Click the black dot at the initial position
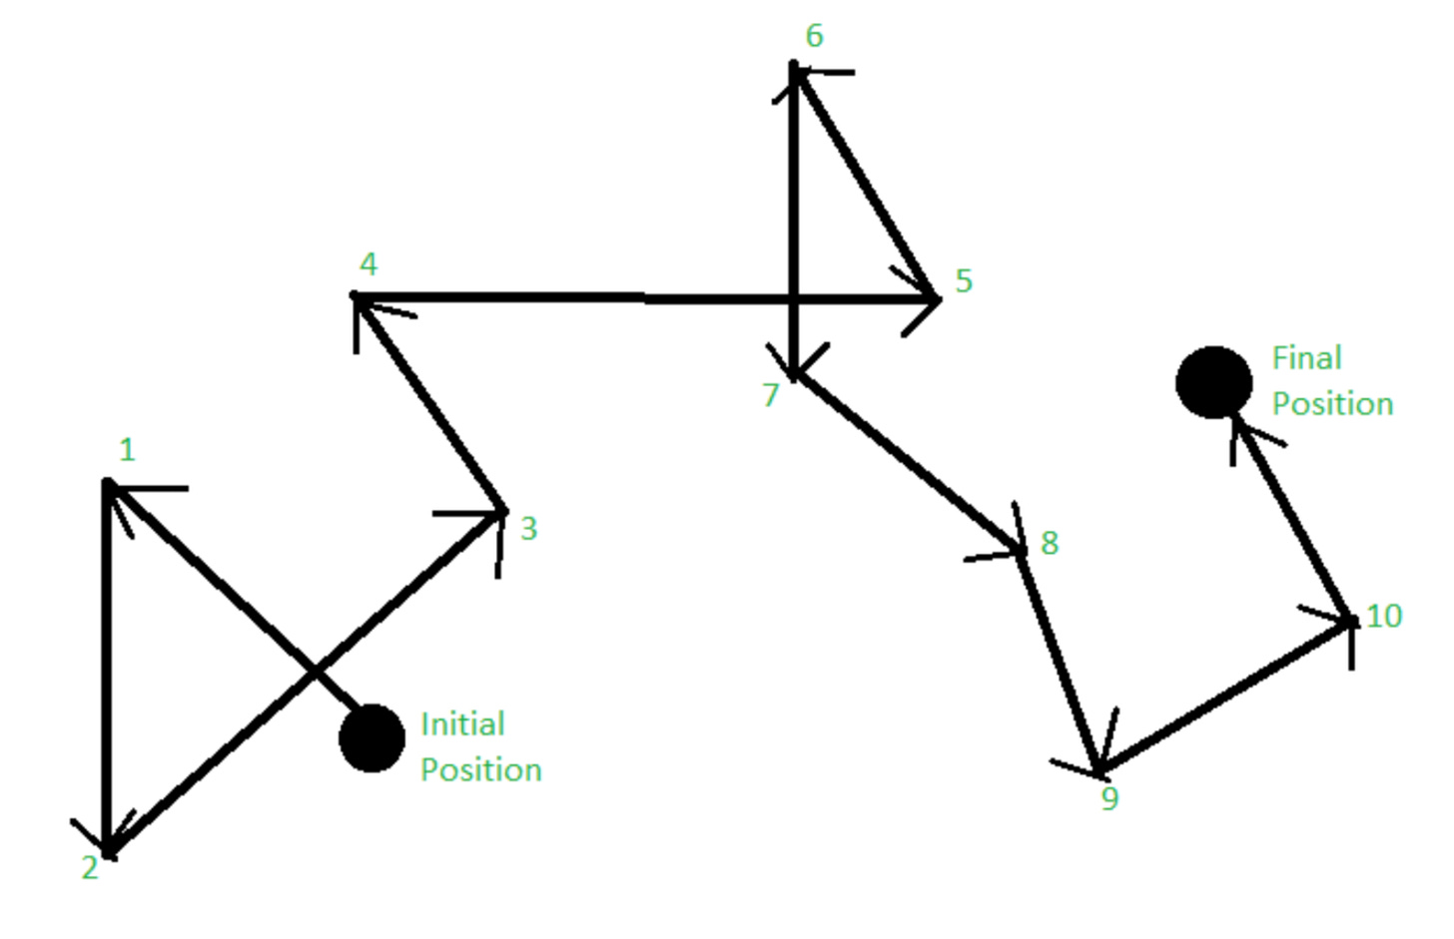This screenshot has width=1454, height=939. [x=371, y=738]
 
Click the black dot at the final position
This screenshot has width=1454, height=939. [x=1213, y=382]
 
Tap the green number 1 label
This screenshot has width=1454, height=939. [x=127, y=450]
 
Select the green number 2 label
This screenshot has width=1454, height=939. [x=90, y=868]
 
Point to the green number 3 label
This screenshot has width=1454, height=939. [x=529, y=529]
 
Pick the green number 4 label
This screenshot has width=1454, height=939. [x=368, y=264]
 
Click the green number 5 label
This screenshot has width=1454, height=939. [x=964, y=281]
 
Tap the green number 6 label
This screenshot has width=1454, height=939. [x=815, y=36]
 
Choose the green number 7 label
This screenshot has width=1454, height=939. [x=770, y=395]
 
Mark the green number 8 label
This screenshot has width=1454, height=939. [x=1050, y=543]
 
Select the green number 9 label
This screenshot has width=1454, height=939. [x=1109, y=799]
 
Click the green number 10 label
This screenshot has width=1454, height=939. [x=1384, y=616]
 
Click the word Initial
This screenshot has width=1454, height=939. [x=462, y=723]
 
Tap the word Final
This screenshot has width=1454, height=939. [x=1306, y=357]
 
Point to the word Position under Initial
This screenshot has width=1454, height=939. [x=480, y=769]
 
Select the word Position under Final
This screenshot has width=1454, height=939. [x=1332, y=403]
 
